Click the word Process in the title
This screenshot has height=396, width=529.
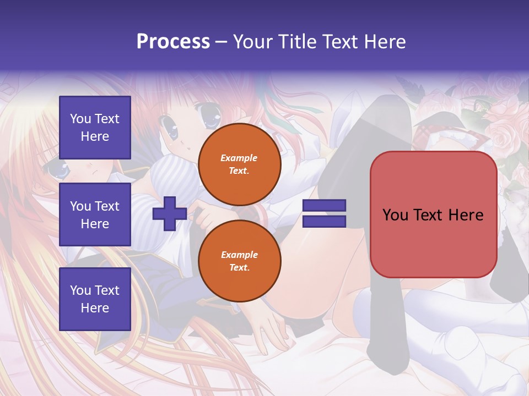coord(173,42)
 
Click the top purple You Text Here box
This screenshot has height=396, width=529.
coord(95,128)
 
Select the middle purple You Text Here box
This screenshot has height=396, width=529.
coord(95,215)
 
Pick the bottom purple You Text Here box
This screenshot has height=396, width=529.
coord(95,299)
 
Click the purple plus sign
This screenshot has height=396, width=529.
coord(169,214)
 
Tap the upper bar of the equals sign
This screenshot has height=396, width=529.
coord(324,206)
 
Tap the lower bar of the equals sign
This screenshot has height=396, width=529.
coord(324,221)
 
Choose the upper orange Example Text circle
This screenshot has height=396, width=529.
coord(239,164)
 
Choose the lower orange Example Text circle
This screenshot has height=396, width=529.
coord(239,261)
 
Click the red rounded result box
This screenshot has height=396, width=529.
coord(433,215)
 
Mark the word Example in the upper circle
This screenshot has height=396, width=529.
coord(239,158)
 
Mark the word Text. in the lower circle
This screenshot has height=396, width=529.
coord(239,268)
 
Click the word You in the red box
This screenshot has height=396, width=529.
coord(395,215)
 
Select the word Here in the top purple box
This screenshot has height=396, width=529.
coord(95,136)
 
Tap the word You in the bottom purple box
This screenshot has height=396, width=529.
coord(80,290)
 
